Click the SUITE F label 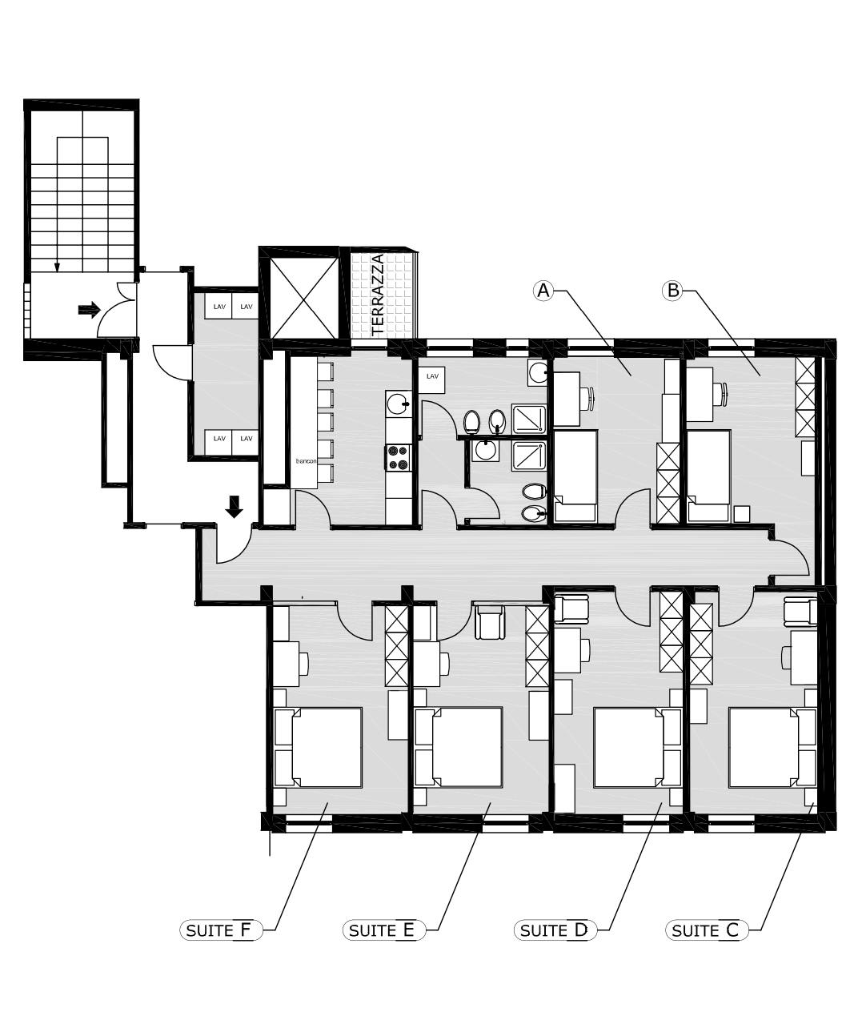click(x=221, y=930)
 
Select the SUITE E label click(x=384, y=930)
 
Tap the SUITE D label click(x=555, y=930)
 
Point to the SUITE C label click(x=707, y=930)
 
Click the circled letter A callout click(x=543, y=291)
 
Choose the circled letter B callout click(x=673, y=291)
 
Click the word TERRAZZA click(x=377, y=295)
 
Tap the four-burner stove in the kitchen click(x=399, y=457)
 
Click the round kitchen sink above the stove click(x=398, y=404)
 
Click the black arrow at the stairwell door click(x=89, y=309)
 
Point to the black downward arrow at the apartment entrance click(x=235, y=507)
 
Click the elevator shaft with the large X click(x=304, y=298)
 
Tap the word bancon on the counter click(x=307, y=461)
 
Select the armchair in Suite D click(x=571, y=609)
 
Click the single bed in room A click(x=575, y=476)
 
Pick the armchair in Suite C click(x=800, y=611)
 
